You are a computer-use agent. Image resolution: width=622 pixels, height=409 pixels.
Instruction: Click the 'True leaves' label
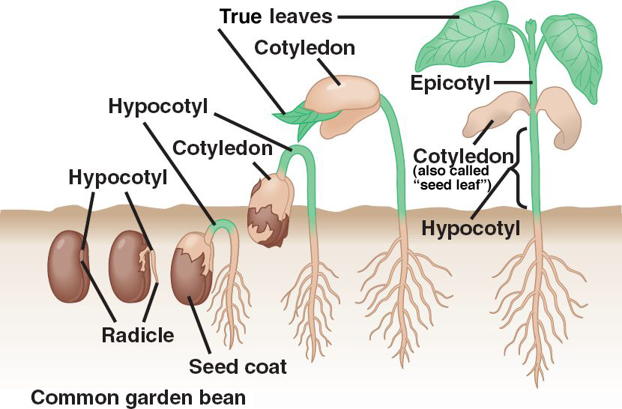(276, 14)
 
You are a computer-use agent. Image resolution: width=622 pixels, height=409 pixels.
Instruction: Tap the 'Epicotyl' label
(450, 82)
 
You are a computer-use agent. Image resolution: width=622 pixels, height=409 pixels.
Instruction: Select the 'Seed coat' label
(238, 367)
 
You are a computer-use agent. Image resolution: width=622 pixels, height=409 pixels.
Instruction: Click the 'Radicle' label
(137, 335)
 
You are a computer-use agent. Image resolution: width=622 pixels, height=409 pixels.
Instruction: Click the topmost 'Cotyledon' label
(304, 48)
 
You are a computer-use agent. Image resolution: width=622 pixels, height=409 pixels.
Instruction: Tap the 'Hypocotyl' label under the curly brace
(471, 228)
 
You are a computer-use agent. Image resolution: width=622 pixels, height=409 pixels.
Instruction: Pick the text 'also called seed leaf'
(450, 176)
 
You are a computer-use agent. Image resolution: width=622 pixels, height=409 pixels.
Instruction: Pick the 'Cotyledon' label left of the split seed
(222, 147)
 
